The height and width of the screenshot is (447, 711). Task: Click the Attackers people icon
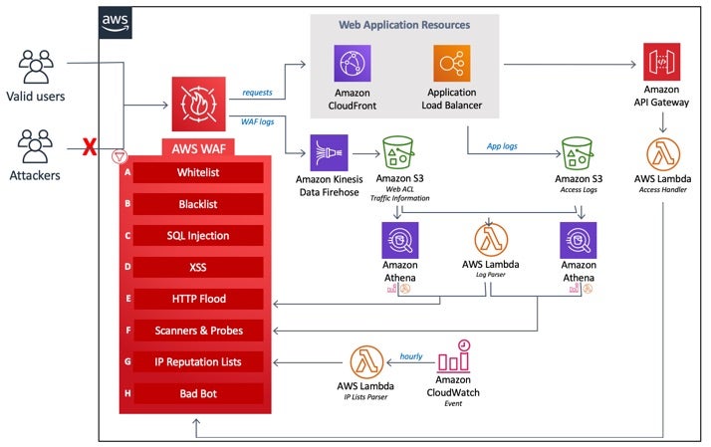point(36,146)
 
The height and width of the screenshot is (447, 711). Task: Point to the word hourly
point(411,355)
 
